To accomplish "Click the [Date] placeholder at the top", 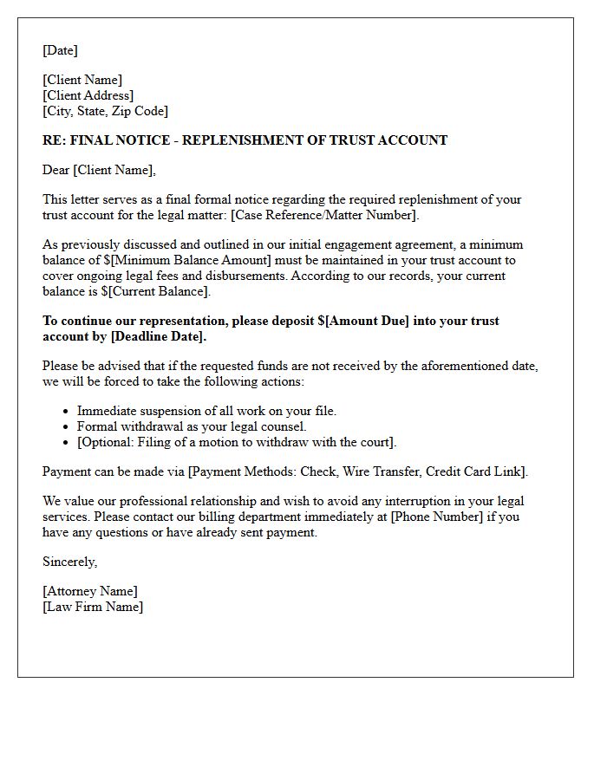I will pyautogui.click(x=60, y=50).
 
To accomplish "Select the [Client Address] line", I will pyautogui.click(x=88, y=95).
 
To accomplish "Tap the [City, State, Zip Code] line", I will pyautogui.click(x=106, y=111).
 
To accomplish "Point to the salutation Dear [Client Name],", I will pyautogui.click(x=99, y=170).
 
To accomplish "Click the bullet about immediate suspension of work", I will pyautogui.click(x=206, y=411).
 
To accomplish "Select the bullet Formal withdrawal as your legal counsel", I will pyautogui.click(x=192, y=426).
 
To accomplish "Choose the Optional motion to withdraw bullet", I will pyautogui.click(x=237, y=442).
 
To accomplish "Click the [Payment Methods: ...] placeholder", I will pyautogui.click(x=357, y=471).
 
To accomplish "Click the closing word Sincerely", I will pyautogui.click(x=69, y=562).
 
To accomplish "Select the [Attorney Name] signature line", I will pyautogui.click(x=90, y=591).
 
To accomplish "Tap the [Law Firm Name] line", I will pyautogui.click(x=93, y=607).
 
